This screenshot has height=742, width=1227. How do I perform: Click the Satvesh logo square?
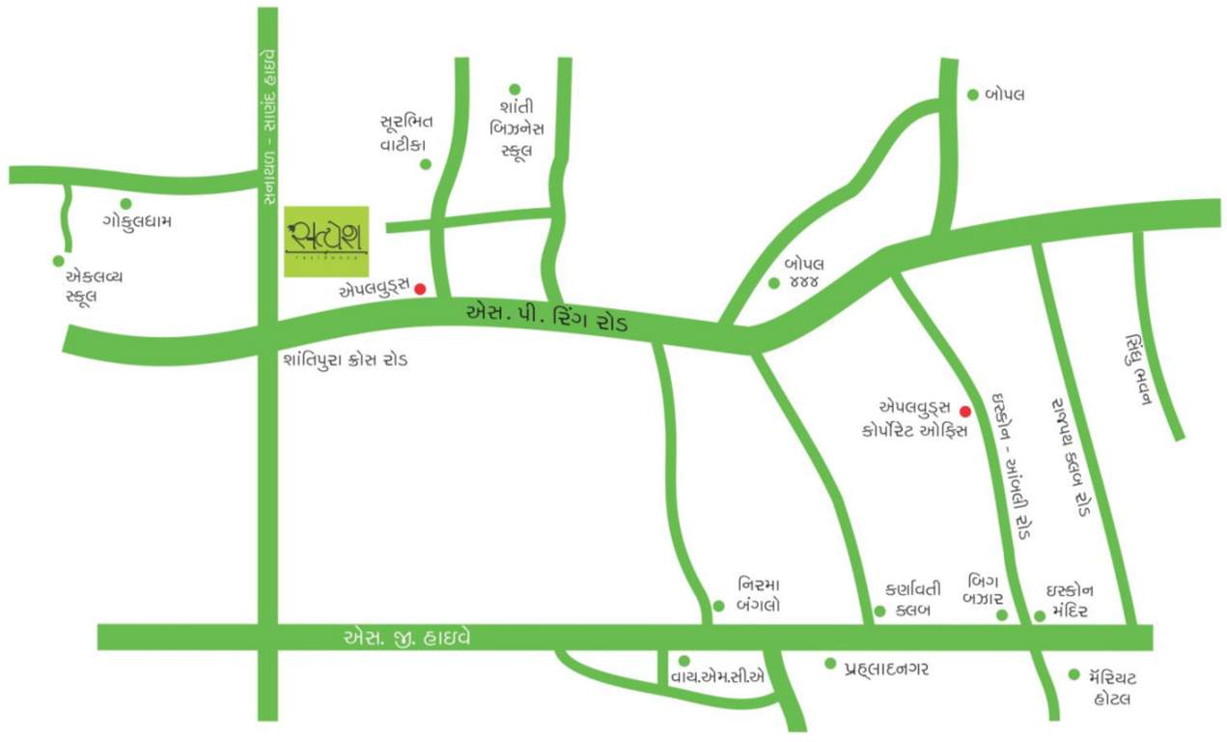pos(328,242)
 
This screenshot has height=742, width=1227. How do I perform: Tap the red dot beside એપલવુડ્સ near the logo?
pos(420,288)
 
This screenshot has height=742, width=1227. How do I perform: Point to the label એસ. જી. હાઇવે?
pos(406,638)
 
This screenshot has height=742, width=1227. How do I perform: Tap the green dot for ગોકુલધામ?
pos(125,203)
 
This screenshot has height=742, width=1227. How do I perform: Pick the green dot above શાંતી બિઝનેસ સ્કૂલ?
pos(515,89)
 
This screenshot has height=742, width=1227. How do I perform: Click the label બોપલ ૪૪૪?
pos(802,271)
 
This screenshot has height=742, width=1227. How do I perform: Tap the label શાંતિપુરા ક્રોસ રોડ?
pos(346,360)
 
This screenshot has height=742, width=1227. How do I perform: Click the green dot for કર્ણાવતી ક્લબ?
pos(879,611)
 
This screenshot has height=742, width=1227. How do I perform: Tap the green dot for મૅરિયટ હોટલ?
pos(1074,674)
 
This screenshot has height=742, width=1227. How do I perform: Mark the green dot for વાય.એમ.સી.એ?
pos(684,660)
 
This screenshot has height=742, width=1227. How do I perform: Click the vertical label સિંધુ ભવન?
pos(1137,371)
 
